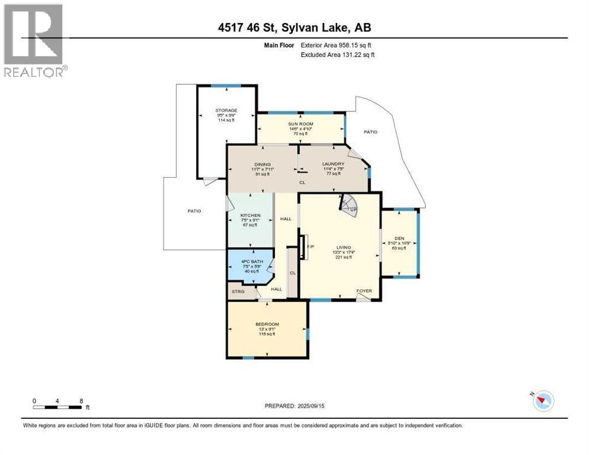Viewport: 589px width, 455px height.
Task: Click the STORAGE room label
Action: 226,110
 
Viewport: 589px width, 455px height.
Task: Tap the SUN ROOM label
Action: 301,125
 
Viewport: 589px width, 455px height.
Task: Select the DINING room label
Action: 263,164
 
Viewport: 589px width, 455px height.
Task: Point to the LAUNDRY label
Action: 333,164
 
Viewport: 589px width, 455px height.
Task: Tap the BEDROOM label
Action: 267,324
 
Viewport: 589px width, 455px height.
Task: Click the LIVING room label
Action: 344,248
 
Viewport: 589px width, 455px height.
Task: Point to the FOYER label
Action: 364,291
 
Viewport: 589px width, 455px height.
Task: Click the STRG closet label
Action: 238,291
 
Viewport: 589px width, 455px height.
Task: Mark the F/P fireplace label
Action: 310,246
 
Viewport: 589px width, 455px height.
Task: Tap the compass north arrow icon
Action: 543,401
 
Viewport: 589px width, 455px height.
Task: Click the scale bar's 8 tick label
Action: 81,401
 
